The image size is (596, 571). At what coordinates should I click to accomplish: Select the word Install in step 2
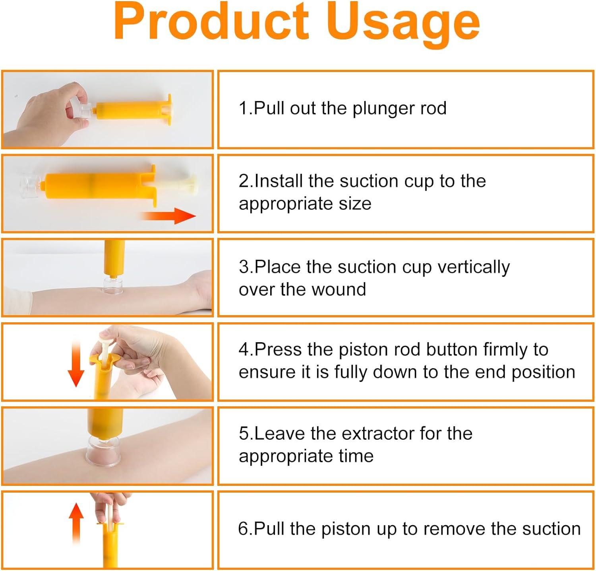point(279,181)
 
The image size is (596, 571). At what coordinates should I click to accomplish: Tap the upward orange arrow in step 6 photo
point(76,521)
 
